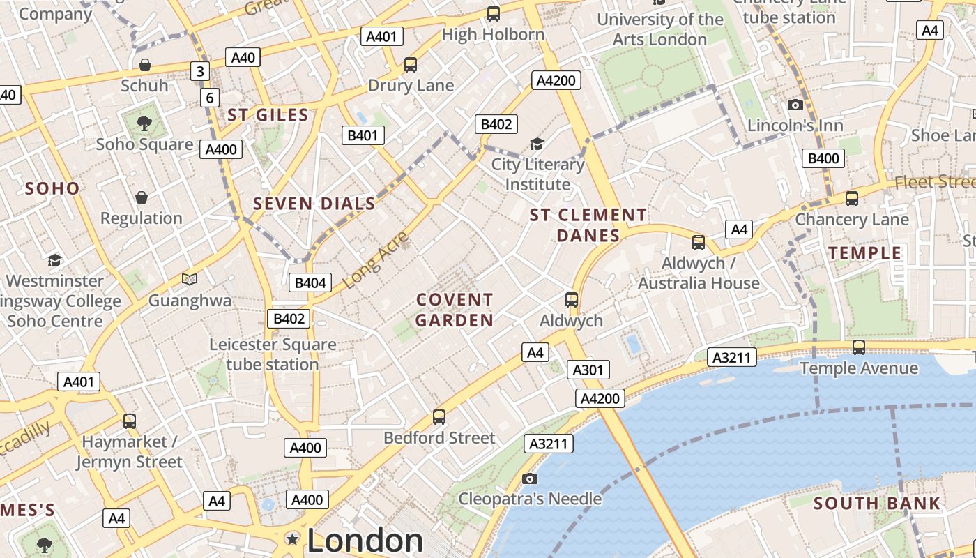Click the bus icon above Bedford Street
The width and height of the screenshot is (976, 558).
pos(439,417)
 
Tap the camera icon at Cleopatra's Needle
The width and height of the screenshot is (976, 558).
pos(530,478)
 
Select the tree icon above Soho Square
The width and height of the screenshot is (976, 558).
pos(144,123)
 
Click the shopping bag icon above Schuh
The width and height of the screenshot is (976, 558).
pos(144,65)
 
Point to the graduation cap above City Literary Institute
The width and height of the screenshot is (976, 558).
pos(537,144)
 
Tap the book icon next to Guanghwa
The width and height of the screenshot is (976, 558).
pos(190,280)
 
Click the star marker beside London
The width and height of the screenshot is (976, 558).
pos(293,539)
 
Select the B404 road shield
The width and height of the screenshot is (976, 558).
pos(310,282)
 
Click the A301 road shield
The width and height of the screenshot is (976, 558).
pos(588,370)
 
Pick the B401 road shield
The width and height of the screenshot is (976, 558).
pos(363,135)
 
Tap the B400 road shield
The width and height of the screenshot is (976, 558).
pos(823,158)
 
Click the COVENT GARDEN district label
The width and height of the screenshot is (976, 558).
pos(455,310)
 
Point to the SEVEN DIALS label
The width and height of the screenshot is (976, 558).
pos(314,204)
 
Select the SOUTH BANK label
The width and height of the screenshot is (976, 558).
pos(877,503)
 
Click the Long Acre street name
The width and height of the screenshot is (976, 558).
pos(376,260)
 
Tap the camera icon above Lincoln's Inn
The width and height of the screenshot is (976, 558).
pos(795,105)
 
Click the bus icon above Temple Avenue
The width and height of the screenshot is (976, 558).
pos(859,347)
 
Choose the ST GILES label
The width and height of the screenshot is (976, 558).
pos(268,115)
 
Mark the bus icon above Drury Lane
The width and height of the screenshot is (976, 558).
pos(411,65)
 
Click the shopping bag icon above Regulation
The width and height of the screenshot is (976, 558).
pos(142,197)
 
